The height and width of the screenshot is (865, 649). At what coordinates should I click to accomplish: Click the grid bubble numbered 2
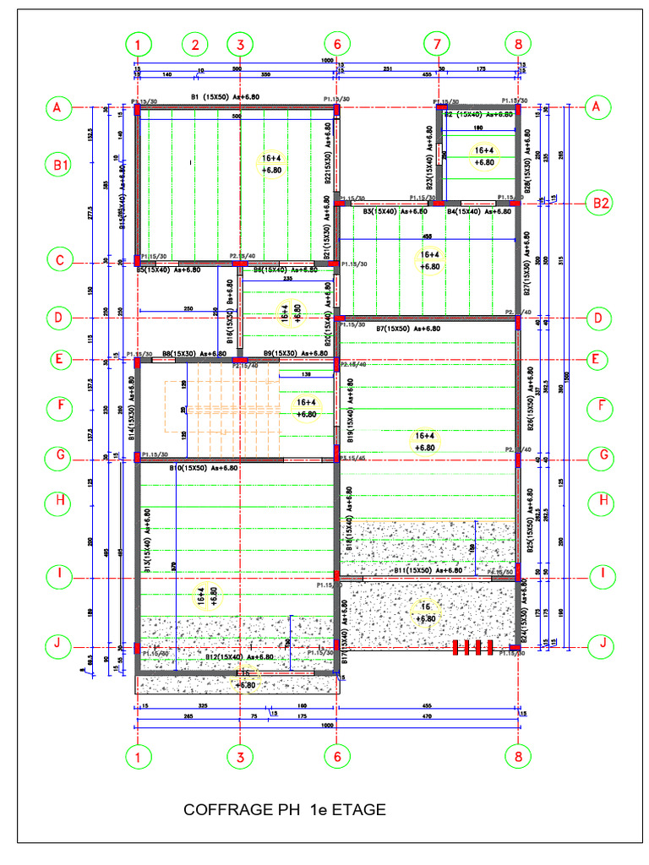195,44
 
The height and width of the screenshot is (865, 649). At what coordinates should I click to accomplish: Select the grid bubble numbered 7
437,44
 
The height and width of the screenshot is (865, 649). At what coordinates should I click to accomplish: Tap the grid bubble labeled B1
57,165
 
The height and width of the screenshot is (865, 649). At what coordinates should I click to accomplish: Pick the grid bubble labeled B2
600,203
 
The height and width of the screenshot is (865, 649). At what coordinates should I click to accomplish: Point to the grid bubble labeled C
57,261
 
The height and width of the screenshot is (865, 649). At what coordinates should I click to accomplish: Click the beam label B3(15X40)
379,211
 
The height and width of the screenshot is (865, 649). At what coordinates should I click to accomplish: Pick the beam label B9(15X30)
280,354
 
